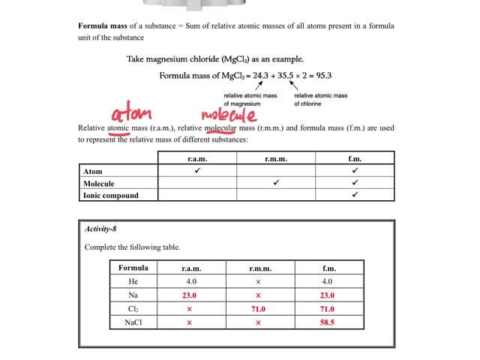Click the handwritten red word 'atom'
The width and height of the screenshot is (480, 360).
[x=131, y=115]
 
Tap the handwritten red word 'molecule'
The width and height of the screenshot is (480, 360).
[x=229, y=115]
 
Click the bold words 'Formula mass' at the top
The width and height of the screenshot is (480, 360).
[x=103, y=25]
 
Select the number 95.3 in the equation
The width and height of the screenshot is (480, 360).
[x=319, y=75]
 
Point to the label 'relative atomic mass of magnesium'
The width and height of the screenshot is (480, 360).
[x=250, y=100]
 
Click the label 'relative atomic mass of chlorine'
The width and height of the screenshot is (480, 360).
[x=320, y=100]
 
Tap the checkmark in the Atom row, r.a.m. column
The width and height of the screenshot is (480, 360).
[x=197, y=171]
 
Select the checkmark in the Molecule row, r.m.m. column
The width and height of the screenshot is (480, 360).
[x=276, y=183]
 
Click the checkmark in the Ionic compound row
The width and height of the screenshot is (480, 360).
[x=355, y=195]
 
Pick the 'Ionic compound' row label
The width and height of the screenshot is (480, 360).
[x=110, y=195]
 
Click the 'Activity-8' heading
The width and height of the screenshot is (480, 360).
[x=100, y=229]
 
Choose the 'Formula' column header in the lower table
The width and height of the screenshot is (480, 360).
[x=133, y=268]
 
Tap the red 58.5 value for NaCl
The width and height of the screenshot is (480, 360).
[x=327, y=322]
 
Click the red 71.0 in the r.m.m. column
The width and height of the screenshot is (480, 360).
[x=258, y=309]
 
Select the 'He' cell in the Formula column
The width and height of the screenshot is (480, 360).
[x=133, y=281]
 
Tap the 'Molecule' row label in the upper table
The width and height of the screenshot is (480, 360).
[x=99, y=183]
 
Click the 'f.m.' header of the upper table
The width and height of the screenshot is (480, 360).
[x=355, y=158]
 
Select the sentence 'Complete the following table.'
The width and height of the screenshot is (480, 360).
[x=132, y=247]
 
